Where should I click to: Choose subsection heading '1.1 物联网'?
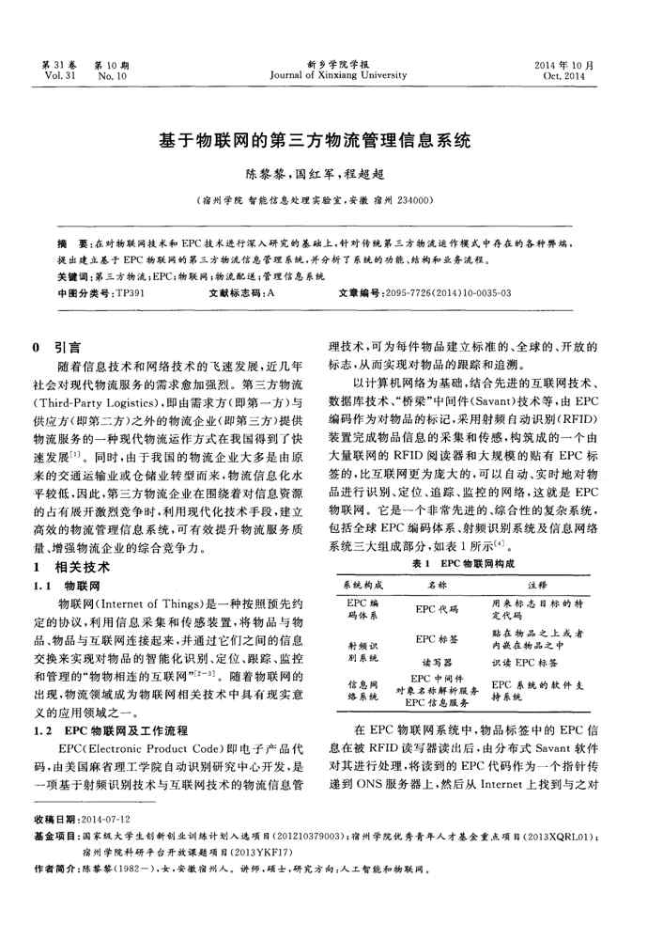pos(64,585)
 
